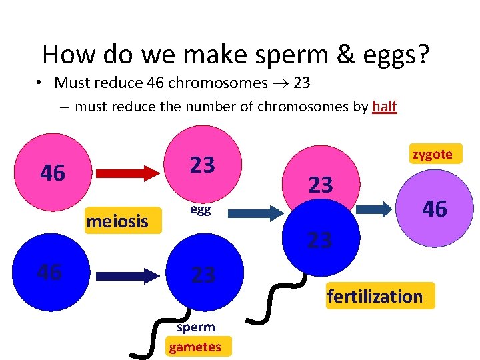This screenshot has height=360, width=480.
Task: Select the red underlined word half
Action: point(384,106)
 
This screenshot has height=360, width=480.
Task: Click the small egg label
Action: point(201,209)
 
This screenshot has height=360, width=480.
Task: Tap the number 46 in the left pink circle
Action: point(53,173)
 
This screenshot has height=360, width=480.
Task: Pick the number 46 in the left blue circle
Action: point(49,272)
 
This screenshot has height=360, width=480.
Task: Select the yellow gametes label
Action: point(195,347)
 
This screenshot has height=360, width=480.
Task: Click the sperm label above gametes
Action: point(195,327)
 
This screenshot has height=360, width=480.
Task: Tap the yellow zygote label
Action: point(432,154)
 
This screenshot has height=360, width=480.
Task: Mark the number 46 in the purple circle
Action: point(434,209)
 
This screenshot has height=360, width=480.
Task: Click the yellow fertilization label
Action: point(375,296)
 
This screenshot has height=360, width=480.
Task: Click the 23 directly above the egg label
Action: point(203,165)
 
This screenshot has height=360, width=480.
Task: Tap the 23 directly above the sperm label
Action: point(203,274)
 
